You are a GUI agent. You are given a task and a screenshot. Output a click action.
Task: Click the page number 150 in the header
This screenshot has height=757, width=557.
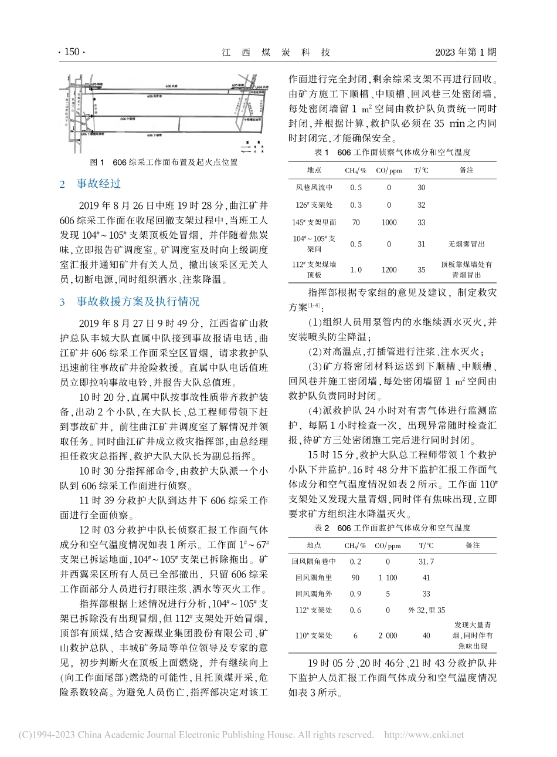click(x=72, y=52)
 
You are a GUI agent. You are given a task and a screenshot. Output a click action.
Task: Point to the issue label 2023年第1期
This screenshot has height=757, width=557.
click(x=466, y=52)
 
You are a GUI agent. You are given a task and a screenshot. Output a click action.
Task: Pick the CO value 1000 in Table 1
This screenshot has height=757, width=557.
click(x=388, y=222)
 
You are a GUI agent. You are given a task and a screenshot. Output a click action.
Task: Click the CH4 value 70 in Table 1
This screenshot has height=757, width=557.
click(x=355, y=222)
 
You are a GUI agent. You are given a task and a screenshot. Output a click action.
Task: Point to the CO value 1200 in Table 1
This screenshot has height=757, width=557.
click(x=388, y=270)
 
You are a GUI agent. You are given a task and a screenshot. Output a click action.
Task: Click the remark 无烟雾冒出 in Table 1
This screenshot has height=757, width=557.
click(x=466, y=244)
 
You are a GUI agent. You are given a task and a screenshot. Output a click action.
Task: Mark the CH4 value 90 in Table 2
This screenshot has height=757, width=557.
click(x=355, y=577)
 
